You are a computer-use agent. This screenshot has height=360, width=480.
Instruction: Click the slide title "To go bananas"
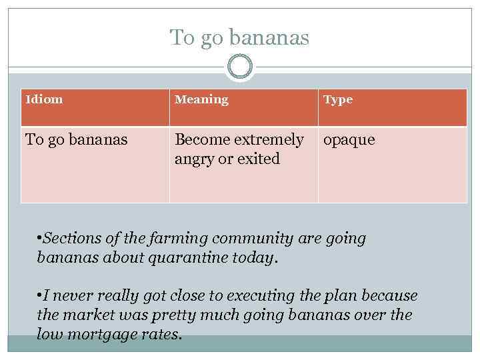click(x=239, y=37)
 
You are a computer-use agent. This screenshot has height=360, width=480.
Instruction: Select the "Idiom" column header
click(x=44, y=99)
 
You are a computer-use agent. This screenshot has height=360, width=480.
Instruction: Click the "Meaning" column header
click(x=201, y=99)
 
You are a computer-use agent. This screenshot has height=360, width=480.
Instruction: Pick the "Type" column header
click(x=338, y=100)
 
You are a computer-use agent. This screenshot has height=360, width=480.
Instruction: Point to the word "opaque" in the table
click(x=349, y=141)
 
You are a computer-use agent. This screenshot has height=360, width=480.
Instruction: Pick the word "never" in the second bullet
click(x=68, y=295)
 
